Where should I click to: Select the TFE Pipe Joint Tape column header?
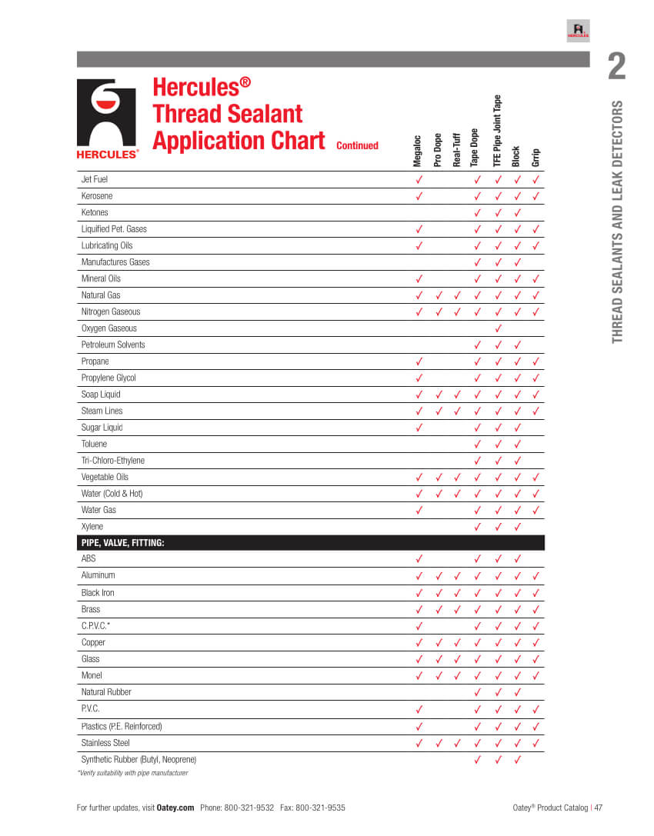click(497, 131)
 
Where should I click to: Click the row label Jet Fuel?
click(95, 179)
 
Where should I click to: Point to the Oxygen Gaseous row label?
click(109, 328)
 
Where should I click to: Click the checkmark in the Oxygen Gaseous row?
click(497, 328)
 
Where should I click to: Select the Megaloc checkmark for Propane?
click(419, 361)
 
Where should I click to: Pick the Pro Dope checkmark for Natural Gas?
click(438, 295)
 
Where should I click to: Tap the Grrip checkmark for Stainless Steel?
click(536, 743)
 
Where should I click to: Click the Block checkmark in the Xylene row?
click(517, 527)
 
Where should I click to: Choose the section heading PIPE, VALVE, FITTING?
click(123, 543)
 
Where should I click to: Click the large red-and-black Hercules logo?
click(107, 118)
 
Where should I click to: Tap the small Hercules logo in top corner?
click(578, 31)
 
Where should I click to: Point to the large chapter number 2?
click(616, 68)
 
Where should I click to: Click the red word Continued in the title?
click(357, 145)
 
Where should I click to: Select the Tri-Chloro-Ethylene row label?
click(113, 461)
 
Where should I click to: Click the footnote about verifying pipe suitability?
click(132, 773)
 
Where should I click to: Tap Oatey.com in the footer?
click(175, 808)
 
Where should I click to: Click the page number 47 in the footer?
click(598, 808)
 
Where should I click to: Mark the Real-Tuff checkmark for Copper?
click(457, 642)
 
